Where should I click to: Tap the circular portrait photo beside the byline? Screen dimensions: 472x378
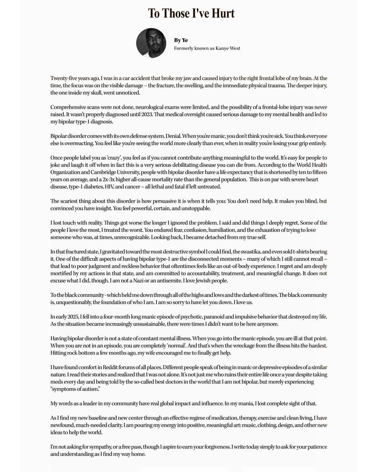click(x=151, y=43)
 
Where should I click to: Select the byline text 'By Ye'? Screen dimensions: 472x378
click(x=181, y=40)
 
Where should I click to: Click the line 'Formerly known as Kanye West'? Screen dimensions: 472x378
click(x=207, y=48)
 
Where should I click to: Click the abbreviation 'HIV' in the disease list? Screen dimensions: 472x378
click(x=109, y=187)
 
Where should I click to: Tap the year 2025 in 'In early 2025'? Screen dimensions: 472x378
click(x=73, y=317)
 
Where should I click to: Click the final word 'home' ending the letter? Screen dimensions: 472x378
click(x=138, y=454)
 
